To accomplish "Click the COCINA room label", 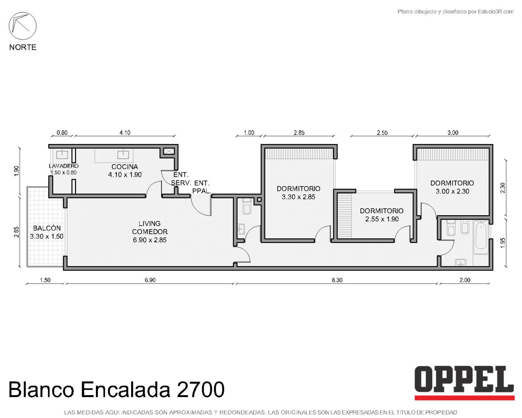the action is point(125,167).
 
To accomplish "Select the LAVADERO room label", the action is point(63,166).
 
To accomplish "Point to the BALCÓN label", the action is point(47,228).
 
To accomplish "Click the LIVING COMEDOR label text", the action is point(150,228).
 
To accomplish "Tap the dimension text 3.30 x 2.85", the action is point(299,197).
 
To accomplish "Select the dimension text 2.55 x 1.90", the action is point(382,219).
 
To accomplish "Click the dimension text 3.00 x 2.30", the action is point(452,192).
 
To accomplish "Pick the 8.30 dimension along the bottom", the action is point(337,280).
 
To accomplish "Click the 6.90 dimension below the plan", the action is point(150,280).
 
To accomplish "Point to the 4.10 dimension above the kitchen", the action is point(125,133).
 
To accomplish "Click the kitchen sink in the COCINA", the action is point(123,155).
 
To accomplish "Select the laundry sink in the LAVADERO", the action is point(62,154).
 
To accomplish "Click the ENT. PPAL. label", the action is point(201,187).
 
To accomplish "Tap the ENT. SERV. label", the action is point(181,179).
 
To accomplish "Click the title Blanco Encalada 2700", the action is point(116,389).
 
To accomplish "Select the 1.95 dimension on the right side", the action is point(503,243).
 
